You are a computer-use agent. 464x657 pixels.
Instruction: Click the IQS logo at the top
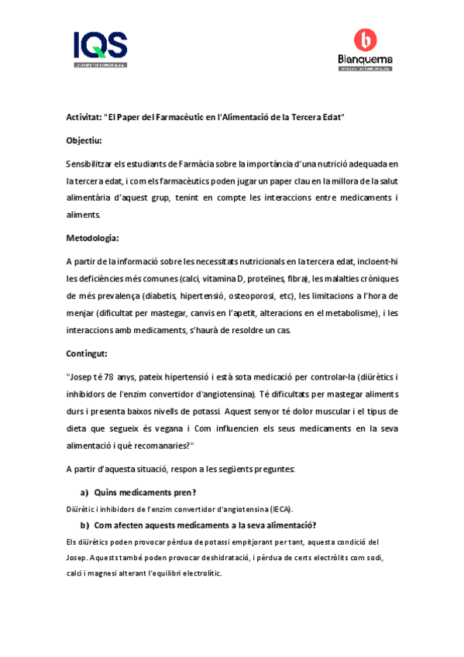pos(100,49)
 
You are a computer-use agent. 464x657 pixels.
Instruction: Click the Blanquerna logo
pos(365,50)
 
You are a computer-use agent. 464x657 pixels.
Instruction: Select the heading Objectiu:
pos(84,140)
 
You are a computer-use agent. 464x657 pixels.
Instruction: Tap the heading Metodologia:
pos(92,238)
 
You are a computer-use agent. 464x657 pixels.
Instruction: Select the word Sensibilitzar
pos(92,164)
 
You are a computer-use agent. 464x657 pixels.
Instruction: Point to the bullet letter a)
pos(85,492)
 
